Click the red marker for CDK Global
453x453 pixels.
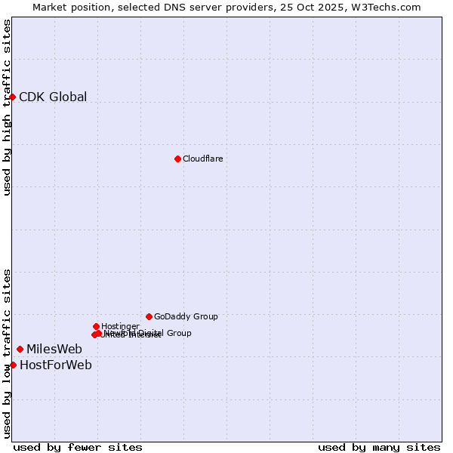pos(13,97)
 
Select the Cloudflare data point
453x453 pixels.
pos(177,159)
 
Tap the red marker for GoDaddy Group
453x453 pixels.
pos(149,316)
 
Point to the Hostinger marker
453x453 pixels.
pos(96,326)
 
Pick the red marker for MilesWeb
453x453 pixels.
pos(20,349)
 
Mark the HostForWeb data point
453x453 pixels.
pos(13,365)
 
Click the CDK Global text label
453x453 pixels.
pos(53,97)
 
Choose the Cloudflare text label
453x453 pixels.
pos(202,159)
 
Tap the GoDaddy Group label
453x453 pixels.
pos(186,316)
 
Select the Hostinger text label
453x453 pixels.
pos(120,326)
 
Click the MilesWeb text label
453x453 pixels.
pos(54,349)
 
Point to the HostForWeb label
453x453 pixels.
pos(56,365)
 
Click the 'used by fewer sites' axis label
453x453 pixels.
pos(78,447)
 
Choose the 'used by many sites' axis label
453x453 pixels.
pos(379,447)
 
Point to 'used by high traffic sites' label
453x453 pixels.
pos(7,107)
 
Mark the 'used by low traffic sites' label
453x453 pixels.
pos(7,353)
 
